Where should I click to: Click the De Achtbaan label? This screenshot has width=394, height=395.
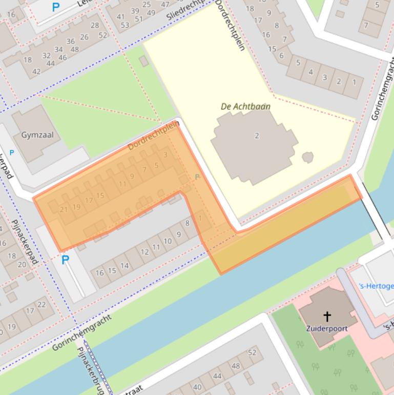coord(245,107)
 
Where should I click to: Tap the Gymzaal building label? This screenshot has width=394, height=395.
coord(37,135)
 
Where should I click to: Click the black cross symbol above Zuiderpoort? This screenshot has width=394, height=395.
coord(326,316)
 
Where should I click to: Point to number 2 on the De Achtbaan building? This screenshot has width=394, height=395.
coord(257,136)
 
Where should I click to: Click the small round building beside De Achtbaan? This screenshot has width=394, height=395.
coord(307,157)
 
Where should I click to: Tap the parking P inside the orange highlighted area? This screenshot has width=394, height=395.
coord(197,177)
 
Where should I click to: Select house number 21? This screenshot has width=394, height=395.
coord(64,209)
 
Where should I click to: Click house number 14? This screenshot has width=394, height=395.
coord(125,266)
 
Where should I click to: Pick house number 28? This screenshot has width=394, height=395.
coord(95,25)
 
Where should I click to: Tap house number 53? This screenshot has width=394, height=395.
coord(125,25)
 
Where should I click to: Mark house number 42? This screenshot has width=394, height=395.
coord(36,72)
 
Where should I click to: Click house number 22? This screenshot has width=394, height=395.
coord(42,304)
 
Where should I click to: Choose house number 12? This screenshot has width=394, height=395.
coord(144,252)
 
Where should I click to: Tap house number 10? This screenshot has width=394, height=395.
coord(168,241)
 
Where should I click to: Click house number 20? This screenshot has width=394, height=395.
coord(22,265)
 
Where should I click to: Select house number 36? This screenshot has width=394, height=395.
coord(70,42)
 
